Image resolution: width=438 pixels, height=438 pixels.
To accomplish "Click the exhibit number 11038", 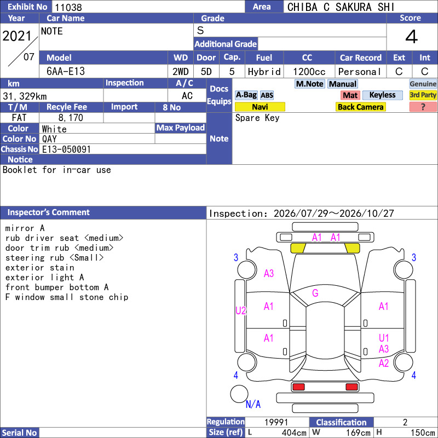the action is pos(68,7).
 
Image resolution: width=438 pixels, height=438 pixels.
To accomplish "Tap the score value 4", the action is pos(412,37).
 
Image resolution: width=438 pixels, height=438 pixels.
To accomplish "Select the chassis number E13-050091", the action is pos(66,149).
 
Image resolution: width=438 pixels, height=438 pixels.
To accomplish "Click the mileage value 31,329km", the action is pos(25,96).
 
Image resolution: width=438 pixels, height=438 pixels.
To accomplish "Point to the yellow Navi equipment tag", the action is pos(260,107).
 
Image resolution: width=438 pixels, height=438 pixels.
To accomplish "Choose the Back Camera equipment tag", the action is pos(360,107).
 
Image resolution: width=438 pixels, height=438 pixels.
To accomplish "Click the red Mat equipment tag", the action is pos(350,95).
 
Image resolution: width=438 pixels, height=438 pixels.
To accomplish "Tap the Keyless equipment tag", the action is pos(382,95).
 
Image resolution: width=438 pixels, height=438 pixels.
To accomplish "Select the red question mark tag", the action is pos(423,107).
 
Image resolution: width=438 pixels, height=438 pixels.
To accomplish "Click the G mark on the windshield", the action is pos(315,293).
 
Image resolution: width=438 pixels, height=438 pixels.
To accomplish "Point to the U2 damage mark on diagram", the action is pos(240,310).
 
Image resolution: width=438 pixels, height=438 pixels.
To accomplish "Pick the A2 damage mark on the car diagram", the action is pos(384,363).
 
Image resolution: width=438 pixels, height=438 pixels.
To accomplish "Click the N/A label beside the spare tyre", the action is pos(253,404).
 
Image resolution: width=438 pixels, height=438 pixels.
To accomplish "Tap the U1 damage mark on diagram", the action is pos(384,338).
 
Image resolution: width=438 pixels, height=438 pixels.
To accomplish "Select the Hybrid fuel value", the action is pos(264,72).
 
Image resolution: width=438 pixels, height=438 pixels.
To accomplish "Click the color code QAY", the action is pos(49,139).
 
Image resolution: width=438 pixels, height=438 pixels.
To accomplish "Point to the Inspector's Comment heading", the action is pos(49,212).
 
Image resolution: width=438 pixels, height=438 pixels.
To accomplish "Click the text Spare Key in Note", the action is pos(257,118).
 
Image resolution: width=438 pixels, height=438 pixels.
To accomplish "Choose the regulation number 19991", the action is pos(276,422).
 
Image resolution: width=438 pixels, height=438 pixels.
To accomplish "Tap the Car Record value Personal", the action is pos(360,72).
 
